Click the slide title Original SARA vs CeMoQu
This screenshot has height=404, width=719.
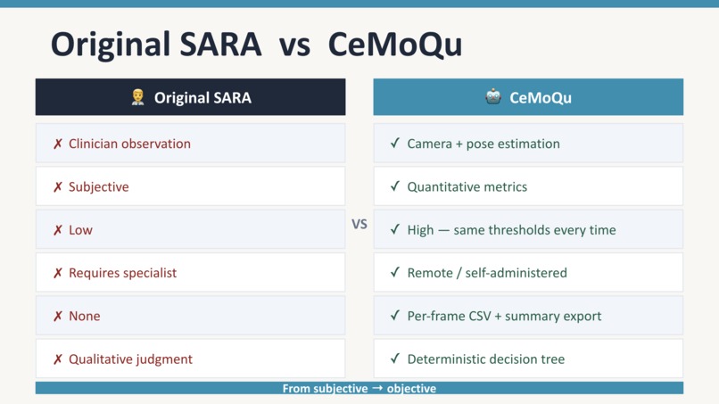(256, 44)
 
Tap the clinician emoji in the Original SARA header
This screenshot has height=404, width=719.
(137, 97)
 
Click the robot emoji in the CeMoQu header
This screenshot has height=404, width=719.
(493, 97)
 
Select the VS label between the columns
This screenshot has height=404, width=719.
(359, 224)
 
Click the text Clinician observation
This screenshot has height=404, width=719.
(129, 144)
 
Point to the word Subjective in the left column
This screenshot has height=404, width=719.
(98, 186)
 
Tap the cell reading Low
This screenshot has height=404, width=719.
(80, 230)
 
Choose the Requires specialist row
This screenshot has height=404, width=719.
(122, 273)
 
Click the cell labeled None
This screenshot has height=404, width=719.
(84, 316)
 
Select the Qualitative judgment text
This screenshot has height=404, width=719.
(130, 359)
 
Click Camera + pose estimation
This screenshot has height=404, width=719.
(483, 144)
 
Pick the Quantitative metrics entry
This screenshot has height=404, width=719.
(467, 186)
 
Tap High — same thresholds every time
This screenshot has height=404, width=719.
(511, 230)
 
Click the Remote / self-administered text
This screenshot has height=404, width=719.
(487, 273)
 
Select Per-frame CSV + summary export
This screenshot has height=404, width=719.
(504, 316)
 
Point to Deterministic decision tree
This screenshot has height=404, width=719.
(485, 359)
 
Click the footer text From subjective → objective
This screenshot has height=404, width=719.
(359, 388)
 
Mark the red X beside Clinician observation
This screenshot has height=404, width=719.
(58, 144)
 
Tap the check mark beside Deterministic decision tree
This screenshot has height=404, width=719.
(395, 359)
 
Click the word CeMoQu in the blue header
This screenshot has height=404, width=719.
(541, 97)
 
